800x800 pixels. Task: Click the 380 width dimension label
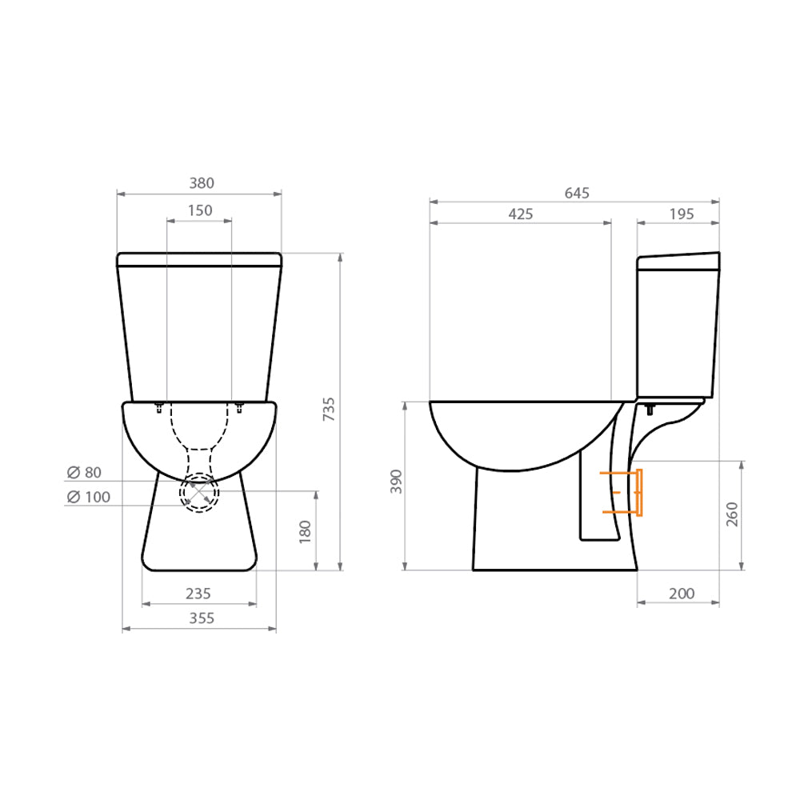202,183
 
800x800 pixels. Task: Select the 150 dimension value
200,210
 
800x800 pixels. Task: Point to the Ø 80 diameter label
84,472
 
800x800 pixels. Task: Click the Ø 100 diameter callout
88,498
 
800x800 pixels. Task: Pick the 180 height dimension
305,531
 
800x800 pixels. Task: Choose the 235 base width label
198,594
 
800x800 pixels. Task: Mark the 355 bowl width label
201,618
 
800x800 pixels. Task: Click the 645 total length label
577,193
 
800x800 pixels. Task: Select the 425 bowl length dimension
520,214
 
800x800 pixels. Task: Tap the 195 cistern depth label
680,214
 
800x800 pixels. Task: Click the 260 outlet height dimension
732,514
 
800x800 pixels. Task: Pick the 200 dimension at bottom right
681,594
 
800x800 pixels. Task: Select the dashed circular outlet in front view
199,492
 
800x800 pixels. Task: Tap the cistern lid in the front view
199,259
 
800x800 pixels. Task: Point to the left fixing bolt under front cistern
158,409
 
